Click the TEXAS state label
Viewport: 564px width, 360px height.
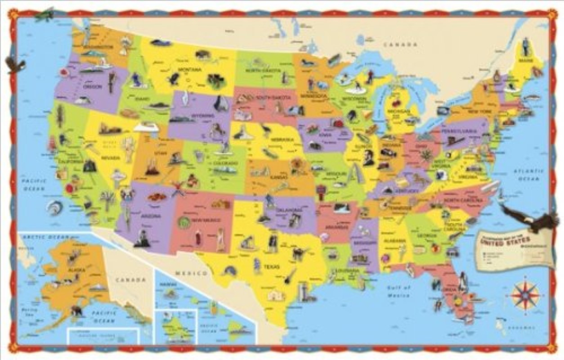271,267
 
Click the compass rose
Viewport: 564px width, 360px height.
525,295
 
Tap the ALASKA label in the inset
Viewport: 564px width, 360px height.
73,270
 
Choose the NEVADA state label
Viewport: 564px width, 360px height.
111,158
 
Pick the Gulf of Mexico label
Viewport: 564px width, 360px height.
398,291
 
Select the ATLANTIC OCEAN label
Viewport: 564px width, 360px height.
527,175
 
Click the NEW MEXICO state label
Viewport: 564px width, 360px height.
201,220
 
